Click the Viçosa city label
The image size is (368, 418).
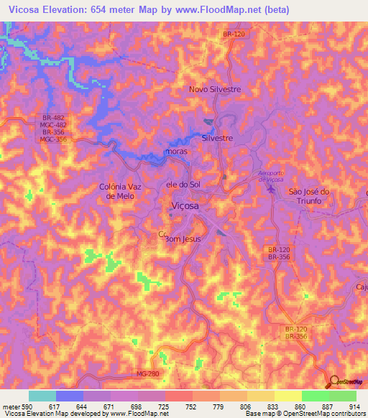point(185,207)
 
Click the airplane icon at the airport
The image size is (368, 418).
point(271,189)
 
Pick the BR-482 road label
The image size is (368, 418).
point(54,116)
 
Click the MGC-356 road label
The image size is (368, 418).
point(54,139)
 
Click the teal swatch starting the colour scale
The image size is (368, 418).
point(42,396)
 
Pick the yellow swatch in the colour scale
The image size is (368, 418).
point(287,396)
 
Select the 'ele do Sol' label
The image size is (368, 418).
point(183,185)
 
